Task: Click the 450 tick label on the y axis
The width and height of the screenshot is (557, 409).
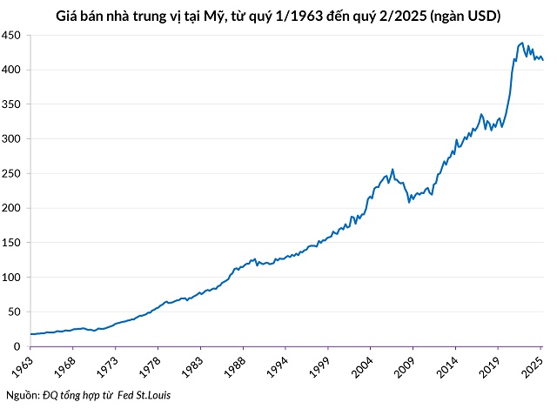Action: coord(12,35)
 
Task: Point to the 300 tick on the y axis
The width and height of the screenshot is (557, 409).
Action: coord(12,138)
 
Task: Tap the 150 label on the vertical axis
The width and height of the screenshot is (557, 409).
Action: coord(12,243)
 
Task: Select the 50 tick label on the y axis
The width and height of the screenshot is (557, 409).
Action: coord(15,312)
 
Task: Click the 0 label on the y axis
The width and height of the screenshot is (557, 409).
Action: coord(17,346)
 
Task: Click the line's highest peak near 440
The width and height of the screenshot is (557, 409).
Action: coord(521,42)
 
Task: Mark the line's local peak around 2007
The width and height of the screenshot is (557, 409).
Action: coord(393,169)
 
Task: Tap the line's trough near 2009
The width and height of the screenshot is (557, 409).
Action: coord(410,202)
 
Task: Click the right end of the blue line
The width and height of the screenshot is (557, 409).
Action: coord(543,60)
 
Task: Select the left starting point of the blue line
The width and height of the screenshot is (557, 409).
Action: coord(30,334)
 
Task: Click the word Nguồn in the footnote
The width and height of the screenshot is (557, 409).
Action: coord(22,396)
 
